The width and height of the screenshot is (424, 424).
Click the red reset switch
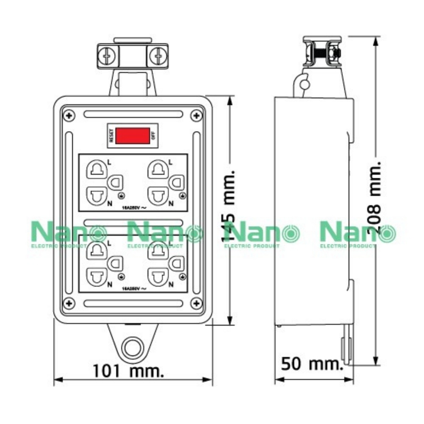(133, 136)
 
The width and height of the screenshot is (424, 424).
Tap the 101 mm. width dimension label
(128, 372)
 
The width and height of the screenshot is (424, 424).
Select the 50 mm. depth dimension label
(311, 364)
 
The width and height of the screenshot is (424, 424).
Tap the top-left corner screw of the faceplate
(68, 115)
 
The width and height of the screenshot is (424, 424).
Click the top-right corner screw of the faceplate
(196, 115)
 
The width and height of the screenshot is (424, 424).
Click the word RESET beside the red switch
(111, 136)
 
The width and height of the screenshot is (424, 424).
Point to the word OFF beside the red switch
(153, 136)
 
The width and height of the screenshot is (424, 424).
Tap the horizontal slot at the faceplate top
(132, 114)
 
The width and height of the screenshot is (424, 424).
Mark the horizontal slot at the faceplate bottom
(132, 303)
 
